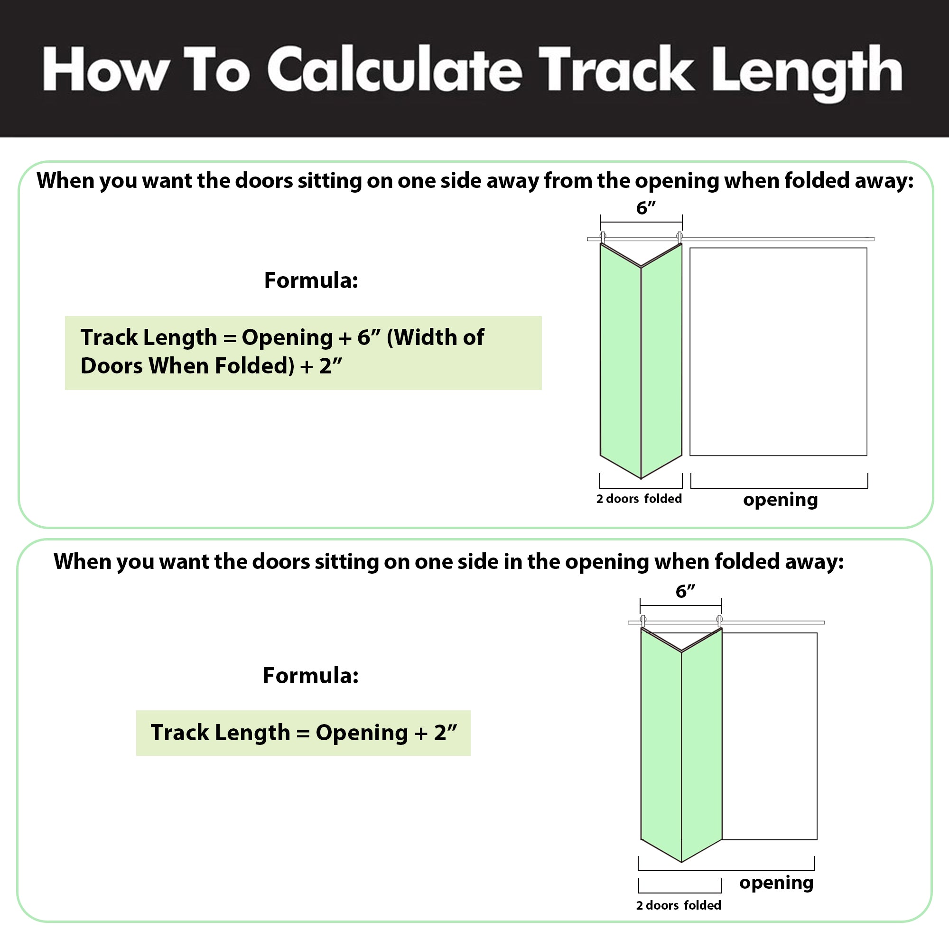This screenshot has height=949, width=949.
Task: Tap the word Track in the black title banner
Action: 616,69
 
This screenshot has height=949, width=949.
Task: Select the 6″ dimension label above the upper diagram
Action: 646,208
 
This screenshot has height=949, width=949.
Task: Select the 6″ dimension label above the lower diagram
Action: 685,591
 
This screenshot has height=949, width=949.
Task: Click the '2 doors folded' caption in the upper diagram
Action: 639,499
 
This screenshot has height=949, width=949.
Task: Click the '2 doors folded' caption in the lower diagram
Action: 679,906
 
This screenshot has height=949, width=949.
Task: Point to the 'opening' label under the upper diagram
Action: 781,500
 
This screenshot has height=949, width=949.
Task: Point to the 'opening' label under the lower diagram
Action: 777,883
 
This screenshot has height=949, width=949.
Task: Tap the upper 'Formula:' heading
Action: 311,280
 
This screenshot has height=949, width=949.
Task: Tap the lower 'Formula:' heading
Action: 310,675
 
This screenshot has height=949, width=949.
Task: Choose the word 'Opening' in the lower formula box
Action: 362,733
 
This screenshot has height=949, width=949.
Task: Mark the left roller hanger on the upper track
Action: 603,237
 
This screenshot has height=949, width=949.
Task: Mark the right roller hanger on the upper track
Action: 680,237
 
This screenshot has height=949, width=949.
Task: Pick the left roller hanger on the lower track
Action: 643,621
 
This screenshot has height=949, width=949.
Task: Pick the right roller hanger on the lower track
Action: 720,621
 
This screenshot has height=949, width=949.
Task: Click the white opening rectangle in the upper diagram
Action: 778,352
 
